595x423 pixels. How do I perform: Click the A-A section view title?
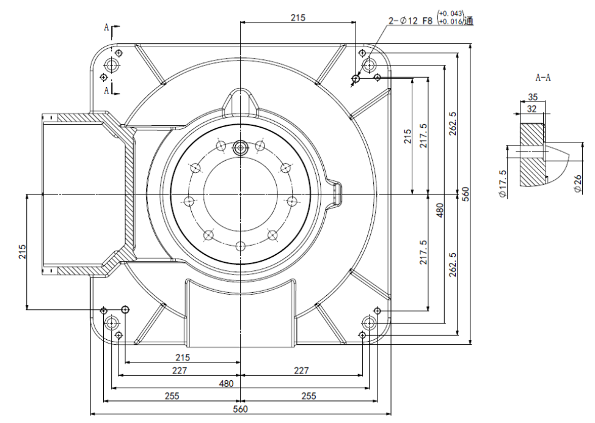click(543, 78)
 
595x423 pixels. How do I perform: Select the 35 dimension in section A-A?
click(532, 97)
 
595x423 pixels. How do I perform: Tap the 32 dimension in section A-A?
click(532, 108)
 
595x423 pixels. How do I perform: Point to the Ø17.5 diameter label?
click(503, 184)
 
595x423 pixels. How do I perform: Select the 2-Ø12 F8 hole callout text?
click(411, 21)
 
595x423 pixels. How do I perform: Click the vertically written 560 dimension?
click(465, 194)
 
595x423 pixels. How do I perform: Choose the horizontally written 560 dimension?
click(241, 409)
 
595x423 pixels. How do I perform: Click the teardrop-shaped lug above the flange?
click(241, 100)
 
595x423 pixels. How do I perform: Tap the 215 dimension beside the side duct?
click(22, 252)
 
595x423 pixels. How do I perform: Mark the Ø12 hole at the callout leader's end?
click(356, 78)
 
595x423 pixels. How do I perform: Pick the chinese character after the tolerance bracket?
click(469, 21)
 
